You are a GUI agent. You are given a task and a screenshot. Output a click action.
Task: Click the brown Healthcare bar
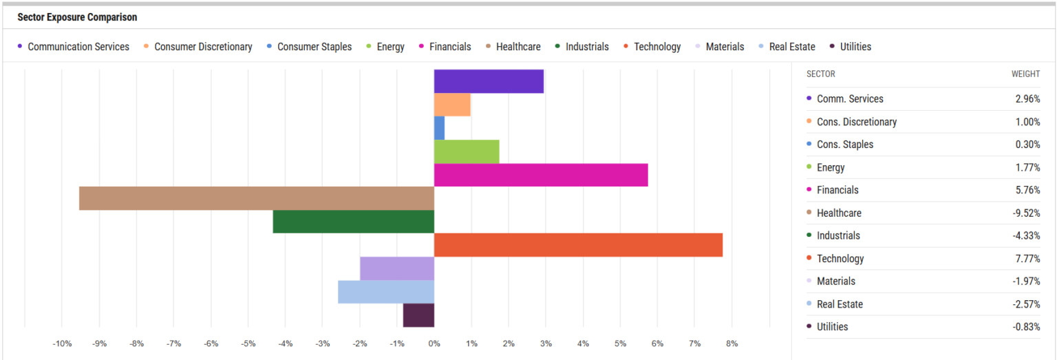click(256, 198)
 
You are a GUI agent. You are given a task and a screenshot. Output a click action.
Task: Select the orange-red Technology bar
click(578, 245)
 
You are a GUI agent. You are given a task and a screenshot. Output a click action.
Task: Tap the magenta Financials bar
click(540, 175)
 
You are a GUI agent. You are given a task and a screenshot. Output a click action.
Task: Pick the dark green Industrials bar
click(353, 222)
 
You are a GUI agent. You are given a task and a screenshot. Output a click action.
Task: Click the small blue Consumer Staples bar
click(439, 128)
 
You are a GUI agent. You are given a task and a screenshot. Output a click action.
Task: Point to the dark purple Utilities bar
click(418, 315)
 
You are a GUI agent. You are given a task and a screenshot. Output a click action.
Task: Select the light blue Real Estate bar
click(385, 292)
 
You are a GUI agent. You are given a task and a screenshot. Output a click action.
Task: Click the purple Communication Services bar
click(489, 81)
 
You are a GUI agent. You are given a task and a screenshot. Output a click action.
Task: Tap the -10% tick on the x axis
click(62, 343)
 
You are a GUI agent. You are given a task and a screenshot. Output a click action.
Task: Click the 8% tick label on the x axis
click(732, 343)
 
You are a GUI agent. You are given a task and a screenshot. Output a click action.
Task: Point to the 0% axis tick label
click(434, 343)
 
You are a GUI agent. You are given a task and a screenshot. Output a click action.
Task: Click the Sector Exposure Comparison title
click(77, 17)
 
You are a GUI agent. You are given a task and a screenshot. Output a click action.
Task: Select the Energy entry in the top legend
click(390, 47)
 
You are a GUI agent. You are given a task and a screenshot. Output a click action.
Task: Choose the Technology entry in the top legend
click(656, 47)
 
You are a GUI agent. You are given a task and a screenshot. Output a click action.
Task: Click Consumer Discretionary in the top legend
click(203, 47)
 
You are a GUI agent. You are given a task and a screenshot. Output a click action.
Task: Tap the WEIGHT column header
click(1025, 74)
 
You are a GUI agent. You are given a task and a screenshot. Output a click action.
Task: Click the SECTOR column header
click(820, 74)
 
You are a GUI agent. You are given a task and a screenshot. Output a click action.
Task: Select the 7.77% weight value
click(1027, 259)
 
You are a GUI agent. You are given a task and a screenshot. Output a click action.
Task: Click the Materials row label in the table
click(835, 282)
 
